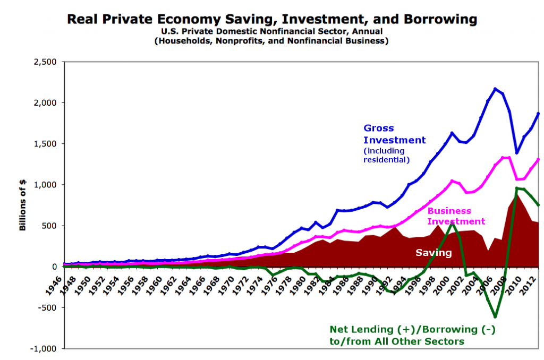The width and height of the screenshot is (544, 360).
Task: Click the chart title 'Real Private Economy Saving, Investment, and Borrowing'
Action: coord(271,20)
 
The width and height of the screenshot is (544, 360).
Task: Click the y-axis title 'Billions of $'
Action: coord(23,205)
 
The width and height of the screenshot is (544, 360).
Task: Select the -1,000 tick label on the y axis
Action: coord(45,349)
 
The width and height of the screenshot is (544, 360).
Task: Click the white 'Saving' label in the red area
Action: coord(433,253)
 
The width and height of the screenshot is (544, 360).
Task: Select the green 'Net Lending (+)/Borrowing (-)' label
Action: coord(412,330)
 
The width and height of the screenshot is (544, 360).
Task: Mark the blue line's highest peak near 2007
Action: coord(495,89)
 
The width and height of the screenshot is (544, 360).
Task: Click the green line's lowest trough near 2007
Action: coord(495,317)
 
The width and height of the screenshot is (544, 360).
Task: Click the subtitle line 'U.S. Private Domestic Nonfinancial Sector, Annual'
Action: coord(271,32)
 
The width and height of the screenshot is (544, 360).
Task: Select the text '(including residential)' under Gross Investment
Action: coord(386,155)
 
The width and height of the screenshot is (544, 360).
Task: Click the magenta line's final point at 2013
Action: coord(538,159)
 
